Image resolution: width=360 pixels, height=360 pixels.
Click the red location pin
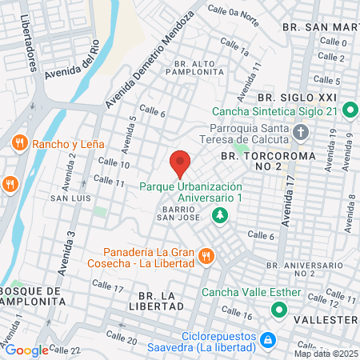click(180, 163)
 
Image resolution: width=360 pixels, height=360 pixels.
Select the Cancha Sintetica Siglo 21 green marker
click(350, 109)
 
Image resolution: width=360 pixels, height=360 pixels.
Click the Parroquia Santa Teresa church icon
click(301, 130)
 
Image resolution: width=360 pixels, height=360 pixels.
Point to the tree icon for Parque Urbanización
click(218, 215)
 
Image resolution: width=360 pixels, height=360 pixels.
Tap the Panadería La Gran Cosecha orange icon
click(206, 256)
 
